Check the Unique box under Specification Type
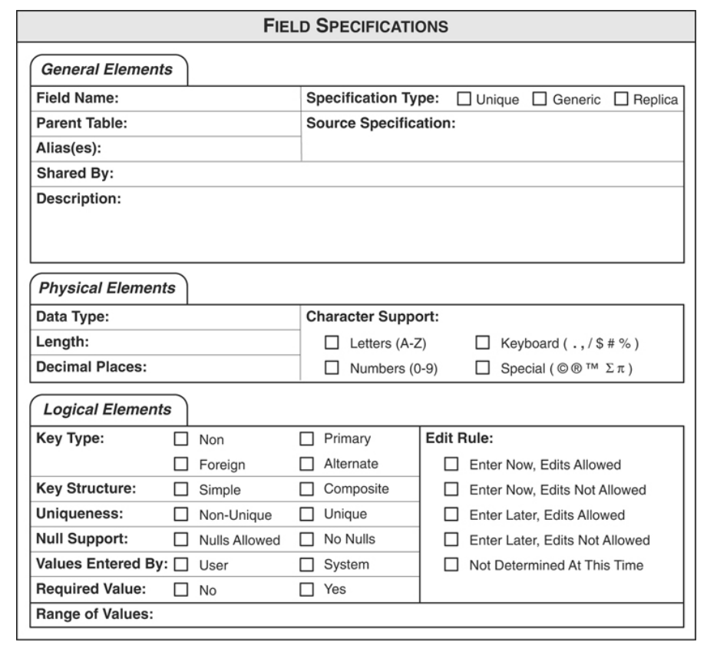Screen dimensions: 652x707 [x=464, y=100]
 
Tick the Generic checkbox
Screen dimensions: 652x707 [x=539, y=100]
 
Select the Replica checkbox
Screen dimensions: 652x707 [x=621, y=100]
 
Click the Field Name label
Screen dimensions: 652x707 [x=76, y=99]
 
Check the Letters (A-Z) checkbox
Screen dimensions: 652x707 [x=332, y=343]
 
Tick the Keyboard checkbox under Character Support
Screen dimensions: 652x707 [x=484, y=343]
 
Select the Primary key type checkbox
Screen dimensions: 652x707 [x=306, y=440]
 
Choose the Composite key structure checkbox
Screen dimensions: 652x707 [x=306, y=489]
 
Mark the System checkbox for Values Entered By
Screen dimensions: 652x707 [x=306, y=564]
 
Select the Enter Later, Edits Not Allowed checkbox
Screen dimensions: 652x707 [x=452, y=540]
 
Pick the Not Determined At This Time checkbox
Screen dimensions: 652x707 [x=452, y=565]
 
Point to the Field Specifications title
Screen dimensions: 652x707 [x=353, y=25]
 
